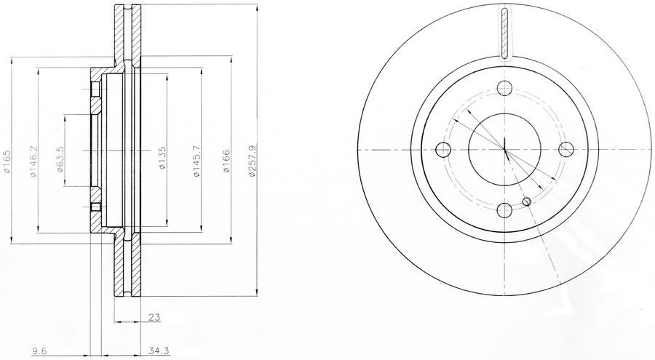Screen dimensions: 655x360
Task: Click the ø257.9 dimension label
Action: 251,161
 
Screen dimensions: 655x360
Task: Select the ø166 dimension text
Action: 226,161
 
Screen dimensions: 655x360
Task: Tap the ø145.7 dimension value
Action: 196,161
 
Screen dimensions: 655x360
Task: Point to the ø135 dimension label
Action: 162,157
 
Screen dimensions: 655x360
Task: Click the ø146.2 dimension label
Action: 33,161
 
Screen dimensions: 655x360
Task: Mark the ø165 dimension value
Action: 6,161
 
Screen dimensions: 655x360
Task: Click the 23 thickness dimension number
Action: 154,317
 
